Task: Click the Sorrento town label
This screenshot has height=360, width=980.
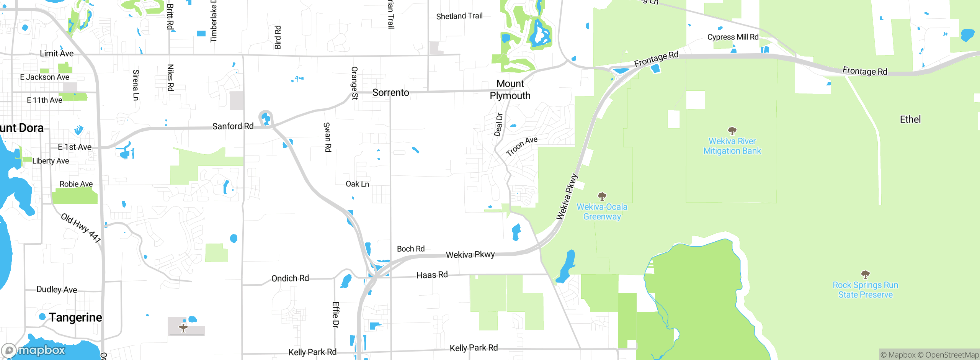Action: point(390,93)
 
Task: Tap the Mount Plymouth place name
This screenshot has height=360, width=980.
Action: point(510,90)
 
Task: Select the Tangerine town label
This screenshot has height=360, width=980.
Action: point(75,317)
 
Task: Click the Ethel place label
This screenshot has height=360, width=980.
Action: point(910,119)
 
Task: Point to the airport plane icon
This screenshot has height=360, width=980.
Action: point(183,328)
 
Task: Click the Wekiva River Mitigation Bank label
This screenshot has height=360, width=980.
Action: point(732,146)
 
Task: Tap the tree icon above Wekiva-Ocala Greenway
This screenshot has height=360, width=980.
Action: point(602,196)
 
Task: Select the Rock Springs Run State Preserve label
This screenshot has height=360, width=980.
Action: point(865,290)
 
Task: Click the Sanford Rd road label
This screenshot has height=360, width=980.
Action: point(233,126)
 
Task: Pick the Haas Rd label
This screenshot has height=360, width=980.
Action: point(432,275)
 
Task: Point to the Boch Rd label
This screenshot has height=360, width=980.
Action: point(410,249)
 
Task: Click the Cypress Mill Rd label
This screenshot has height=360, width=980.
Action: point(733,37)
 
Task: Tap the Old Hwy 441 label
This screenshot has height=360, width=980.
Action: point(81,228)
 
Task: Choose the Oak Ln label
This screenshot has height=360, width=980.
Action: point(357,184)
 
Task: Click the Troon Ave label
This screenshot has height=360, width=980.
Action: point(521,146)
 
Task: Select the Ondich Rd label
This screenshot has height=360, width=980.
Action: point(290,278)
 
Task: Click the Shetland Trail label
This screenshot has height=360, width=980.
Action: point(459,16)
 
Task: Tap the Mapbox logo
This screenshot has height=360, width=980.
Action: point(34,350)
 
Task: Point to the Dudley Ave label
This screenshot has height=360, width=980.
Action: point(57,290)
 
